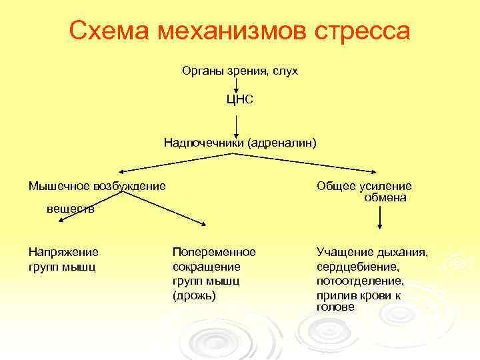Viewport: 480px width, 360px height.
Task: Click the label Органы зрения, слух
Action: (x=239, y=70)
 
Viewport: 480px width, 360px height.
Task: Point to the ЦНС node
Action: (x=239, y=100)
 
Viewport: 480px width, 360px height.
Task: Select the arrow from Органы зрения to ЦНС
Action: (x=237, y=85)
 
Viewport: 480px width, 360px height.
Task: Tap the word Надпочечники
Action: (x=204, y=142)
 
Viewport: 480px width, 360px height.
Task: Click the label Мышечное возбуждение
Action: (x=97, y=185)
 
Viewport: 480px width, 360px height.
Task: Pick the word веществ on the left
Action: (x=70, y=209)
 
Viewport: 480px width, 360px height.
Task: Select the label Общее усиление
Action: (x=364, y=186)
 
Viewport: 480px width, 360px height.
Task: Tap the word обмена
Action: (x=385, y=197)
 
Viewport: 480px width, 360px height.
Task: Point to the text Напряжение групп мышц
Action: (x=63, y=259)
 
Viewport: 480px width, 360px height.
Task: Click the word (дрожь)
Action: (x=194, y=295)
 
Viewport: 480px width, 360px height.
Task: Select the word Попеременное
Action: (x=214, y=252)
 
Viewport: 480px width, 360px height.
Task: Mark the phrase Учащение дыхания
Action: (x=372, y=252)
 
